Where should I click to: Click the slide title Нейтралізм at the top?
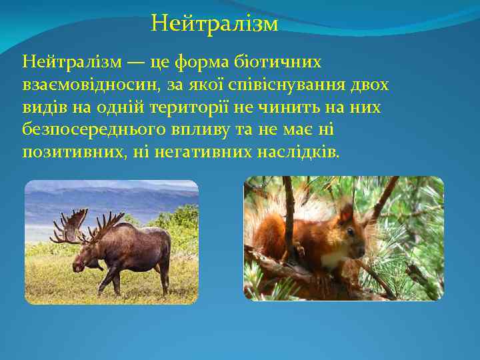(x=214, y=25)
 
